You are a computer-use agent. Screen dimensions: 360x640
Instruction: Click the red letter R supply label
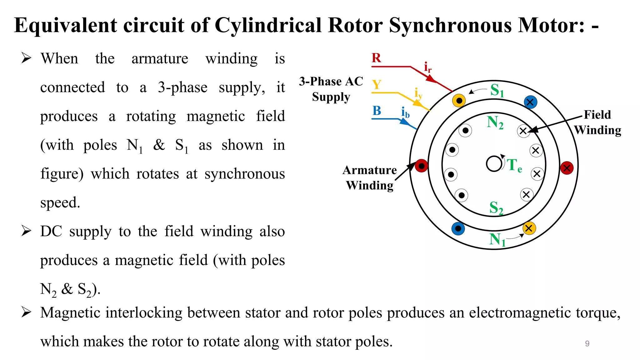click(x=376, y=58)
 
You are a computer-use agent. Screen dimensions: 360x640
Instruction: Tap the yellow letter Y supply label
click(x=377, y=85)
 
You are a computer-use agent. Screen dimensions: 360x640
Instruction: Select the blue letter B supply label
click(x=377, y=111)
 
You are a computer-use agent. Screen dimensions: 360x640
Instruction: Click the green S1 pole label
click(x=497, y=91)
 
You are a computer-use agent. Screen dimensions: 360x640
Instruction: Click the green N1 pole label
click(x=497, y=240)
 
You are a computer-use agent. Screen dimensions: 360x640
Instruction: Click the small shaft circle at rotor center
click(x=494, y=164)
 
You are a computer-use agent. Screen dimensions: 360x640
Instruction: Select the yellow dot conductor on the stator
click(x=459, y=101)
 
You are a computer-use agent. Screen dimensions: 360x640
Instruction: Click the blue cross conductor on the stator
click(x=530, y=102)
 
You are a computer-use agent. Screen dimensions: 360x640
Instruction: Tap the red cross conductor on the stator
click(x=567, y=168)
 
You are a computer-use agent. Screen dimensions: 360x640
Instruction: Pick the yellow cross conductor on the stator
click(x=529, y=228)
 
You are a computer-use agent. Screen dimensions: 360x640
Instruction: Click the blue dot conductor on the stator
click(x=458, y=228)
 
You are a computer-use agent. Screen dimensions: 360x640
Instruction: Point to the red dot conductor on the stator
click(x=421, y=166)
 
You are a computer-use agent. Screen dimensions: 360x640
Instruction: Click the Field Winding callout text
click(x=597, y=122)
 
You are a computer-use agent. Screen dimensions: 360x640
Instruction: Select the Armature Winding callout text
click(x=370, y=177)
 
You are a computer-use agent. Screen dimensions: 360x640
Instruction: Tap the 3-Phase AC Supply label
click(x=331, y=89)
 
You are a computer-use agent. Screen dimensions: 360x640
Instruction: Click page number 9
click(x=587, y=343)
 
